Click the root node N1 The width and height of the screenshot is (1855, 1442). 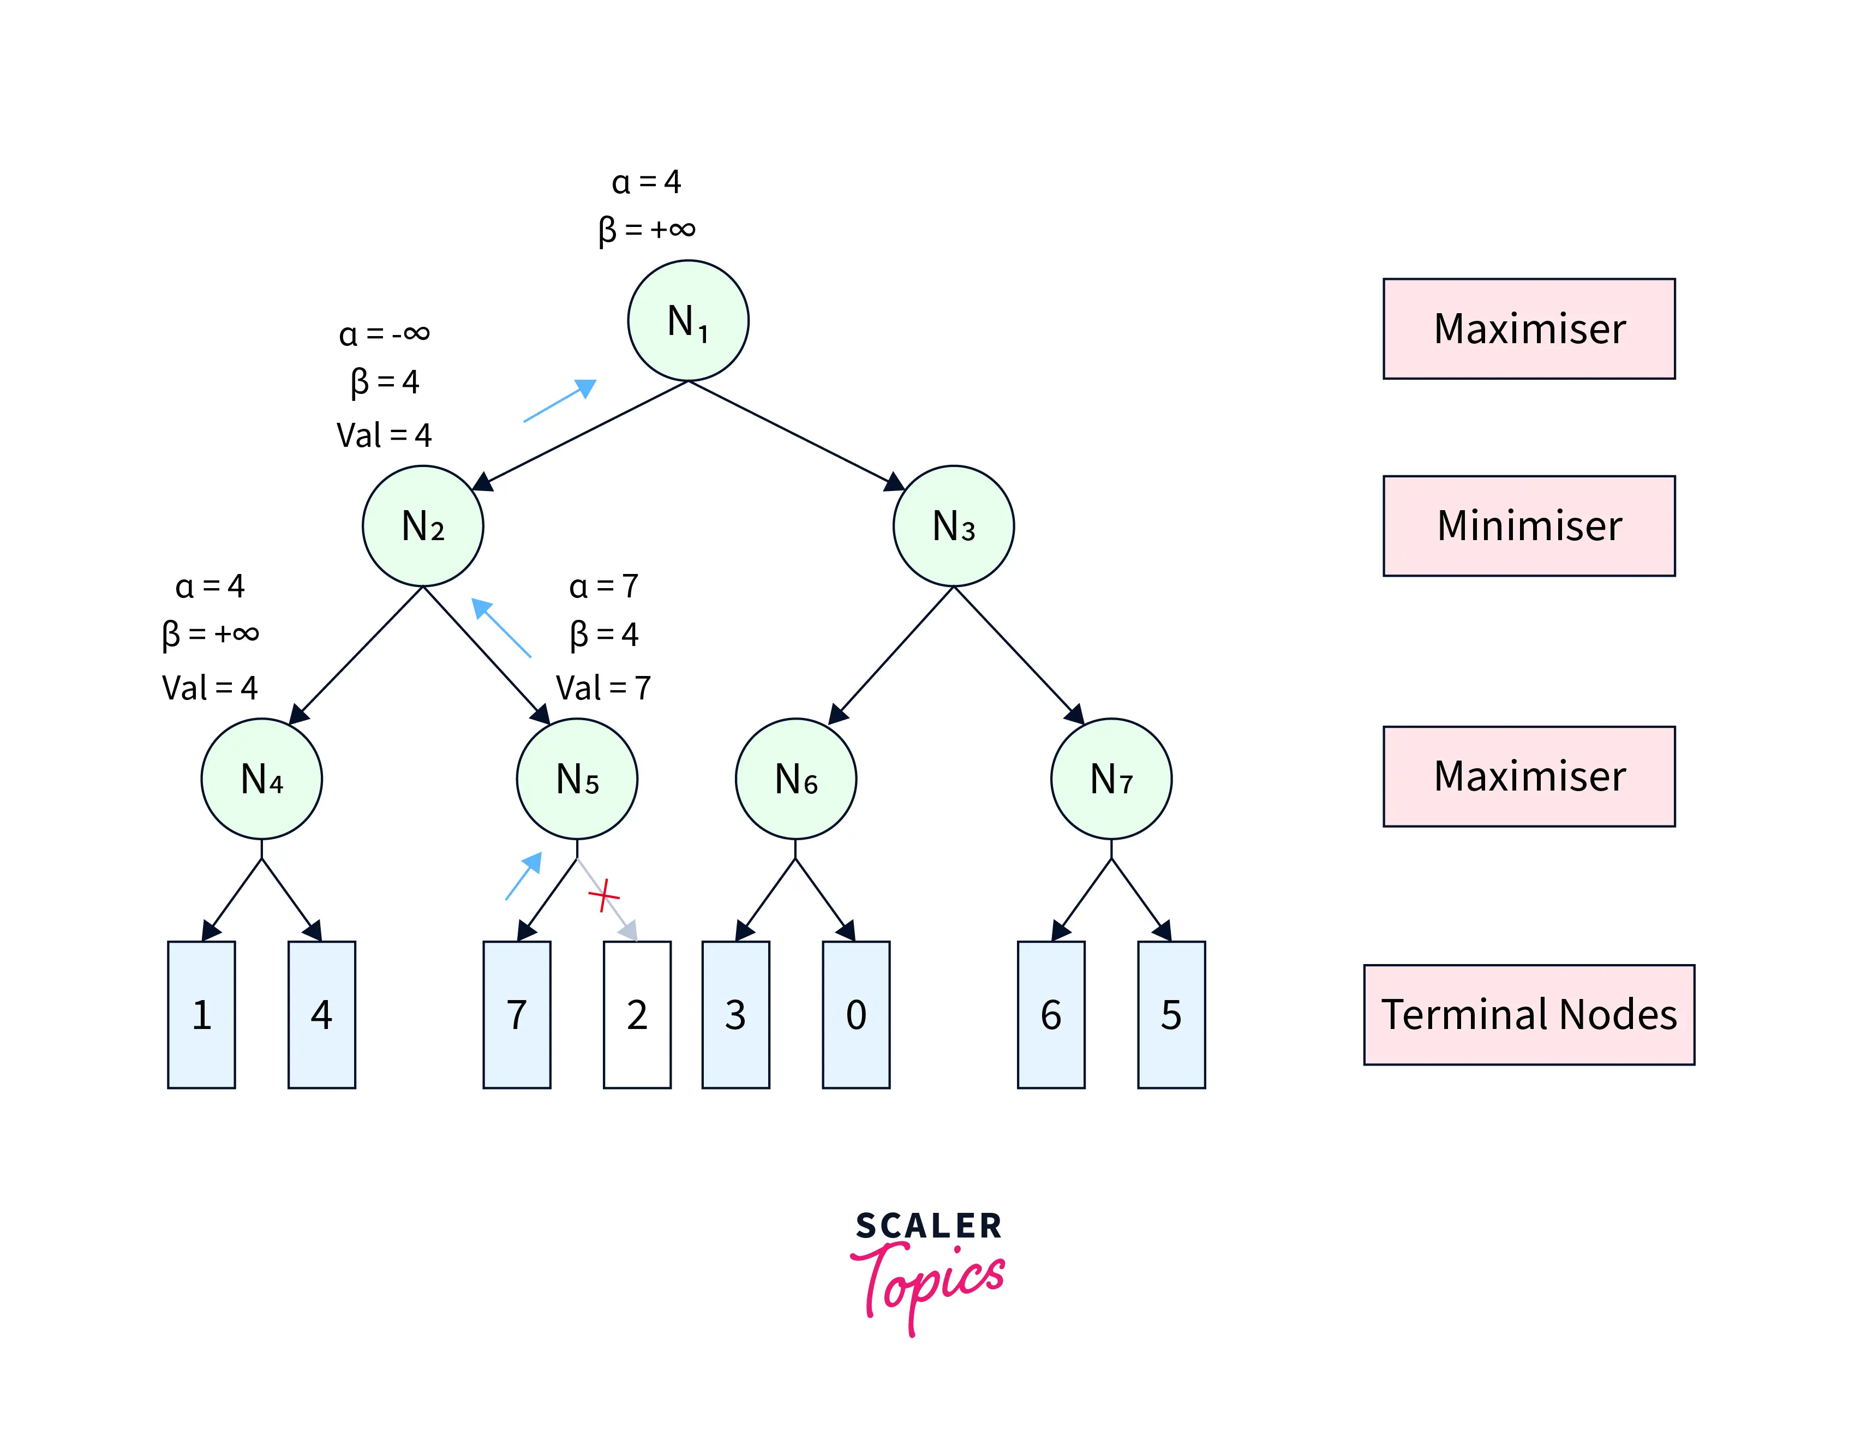pyautogui.click(x=688, y=321)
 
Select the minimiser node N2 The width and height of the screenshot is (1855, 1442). pyautogui.click(x=423, y=525)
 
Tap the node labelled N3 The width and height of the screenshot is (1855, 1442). pyautogui.click(x=953, y=525)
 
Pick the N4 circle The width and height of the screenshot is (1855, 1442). pyautogui.click(x=261, y=779)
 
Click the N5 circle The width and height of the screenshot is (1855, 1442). pyautogui.click(x=577, y=779)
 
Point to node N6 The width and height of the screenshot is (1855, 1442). pyautogui.click(x=796, y=779)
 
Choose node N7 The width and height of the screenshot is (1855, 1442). pyautogui.click(x=1111, y=779)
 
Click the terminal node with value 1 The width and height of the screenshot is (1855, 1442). pyautogui.click(x=201, y=1014)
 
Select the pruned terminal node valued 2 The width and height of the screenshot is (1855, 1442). pyautogui.click(x=637, y=1014)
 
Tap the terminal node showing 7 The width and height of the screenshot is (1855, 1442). pyautogui.click(x=517, y=1014)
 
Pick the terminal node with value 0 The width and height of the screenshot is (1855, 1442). pyautogui.click(x=856, y=1014)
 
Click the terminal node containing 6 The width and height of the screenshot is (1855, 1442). pyautogui.click(x=1051, y=1014)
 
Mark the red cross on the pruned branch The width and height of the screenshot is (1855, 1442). pyautogui.click(x=603, y=895)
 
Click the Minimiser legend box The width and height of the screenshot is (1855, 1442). pyautogui.click(x=1529, y=525)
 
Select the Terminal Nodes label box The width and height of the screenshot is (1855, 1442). pyautogui.click(x=1529, y=1014)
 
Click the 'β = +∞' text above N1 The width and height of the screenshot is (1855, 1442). pyautogui.click(x=647, y=229)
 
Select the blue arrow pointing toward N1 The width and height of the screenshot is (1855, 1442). pyautogui.click(x=560, y=401)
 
